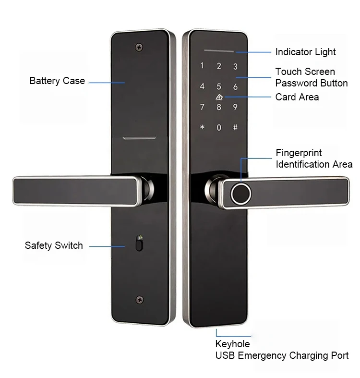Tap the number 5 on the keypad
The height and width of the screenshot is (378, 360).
click(x=219, y=87)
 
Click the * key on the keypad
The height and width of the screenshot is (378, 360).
click(x=202, y=128)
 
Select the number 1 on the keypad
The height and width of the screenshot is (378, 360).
click(x=202, y=66)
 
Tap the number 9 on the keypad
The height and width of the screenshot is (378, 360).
click(x=235, y=108)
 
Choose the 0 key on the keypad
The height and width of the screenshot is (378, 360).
click(x=219, y=128)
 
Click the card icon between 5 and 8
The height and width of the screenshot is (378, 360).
click(x=219, y=97)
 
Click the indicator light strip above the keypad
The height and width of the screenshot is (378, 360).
click(x=218, y=50)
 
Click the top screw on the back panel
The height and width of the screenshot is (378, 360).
click(x=139, y=47)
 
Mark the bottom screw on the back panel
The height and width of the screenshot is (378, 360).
click(x=139, y=299)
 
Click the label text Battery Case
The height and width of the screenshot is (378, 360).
click(x=57, y=81)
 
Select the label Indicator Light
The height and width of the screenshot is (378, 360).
click(x=305, y=52)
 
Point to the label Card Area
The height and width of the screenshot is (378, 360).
click(x=297, y=97)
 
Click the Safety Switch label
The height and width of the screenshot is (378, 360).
click(x=54, y=245)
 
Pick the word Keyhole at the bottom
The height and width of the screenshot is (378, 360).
click(x=232, y=344)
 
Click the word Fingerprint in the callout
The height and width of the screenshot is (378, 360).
click(x=299, y=153)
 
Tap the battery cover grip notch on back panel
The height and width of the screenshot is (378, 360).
click(x=140, y=139)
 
